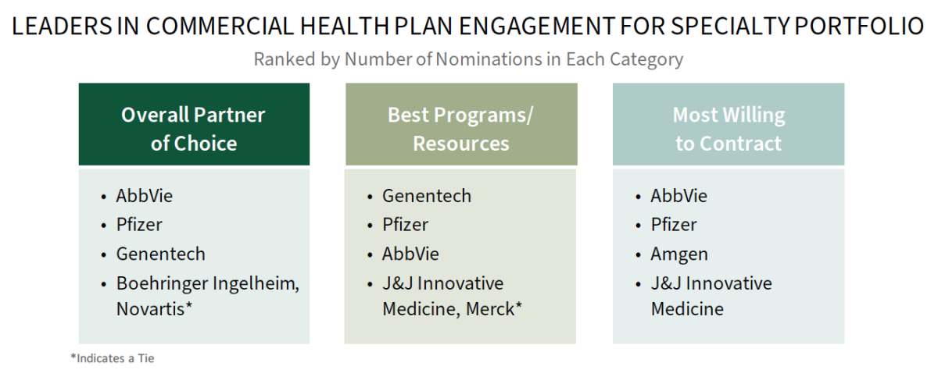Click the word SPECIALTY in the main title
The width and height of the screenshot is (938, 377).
pos(730,26)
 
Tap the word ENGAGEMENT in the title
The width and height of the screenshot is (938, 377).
pos(537,26)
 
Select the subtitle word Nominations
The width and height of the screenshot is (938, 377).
pos(489,59)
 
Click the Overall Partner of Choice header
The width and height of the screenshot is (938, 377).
pos(194,124)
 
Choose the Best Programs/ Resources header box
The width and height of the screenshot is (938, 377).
pos(461,124)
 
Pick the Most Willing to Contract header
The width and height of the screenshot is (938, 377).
pos(729,124)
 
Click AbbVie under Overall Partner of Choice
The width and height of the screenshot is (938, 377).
pos(145,196)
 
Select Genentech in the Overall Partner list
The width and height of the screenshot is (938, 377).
pos(161,254)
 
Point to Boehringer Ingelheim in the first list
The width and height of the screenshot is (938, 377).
pos(207,283)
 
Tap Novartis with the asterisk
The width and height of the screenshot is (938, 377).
pos(154,309)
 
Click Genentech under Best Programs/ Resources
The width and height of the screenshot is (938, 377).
pos(427,196)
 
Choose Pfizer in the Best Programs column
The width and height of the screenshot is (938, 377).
pos(406,225)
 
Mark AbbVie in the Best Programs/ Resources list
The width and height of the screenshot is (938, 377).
pos(410,254)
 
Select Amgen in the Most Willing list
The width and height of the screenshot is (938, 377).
pos(679,254)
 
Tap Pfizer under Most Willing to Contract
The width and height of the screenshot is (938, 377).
pos(674,225)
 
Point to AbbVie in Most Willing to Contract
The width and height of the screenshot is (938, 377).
pos(678,196)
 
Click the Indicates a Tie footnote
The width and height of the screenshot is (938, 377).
pos(113,358)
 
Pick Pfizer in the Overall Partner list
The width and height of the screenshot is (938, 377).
pos(139,225)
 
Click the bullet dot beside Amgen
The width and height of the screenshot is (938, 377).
pos(638,255)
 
